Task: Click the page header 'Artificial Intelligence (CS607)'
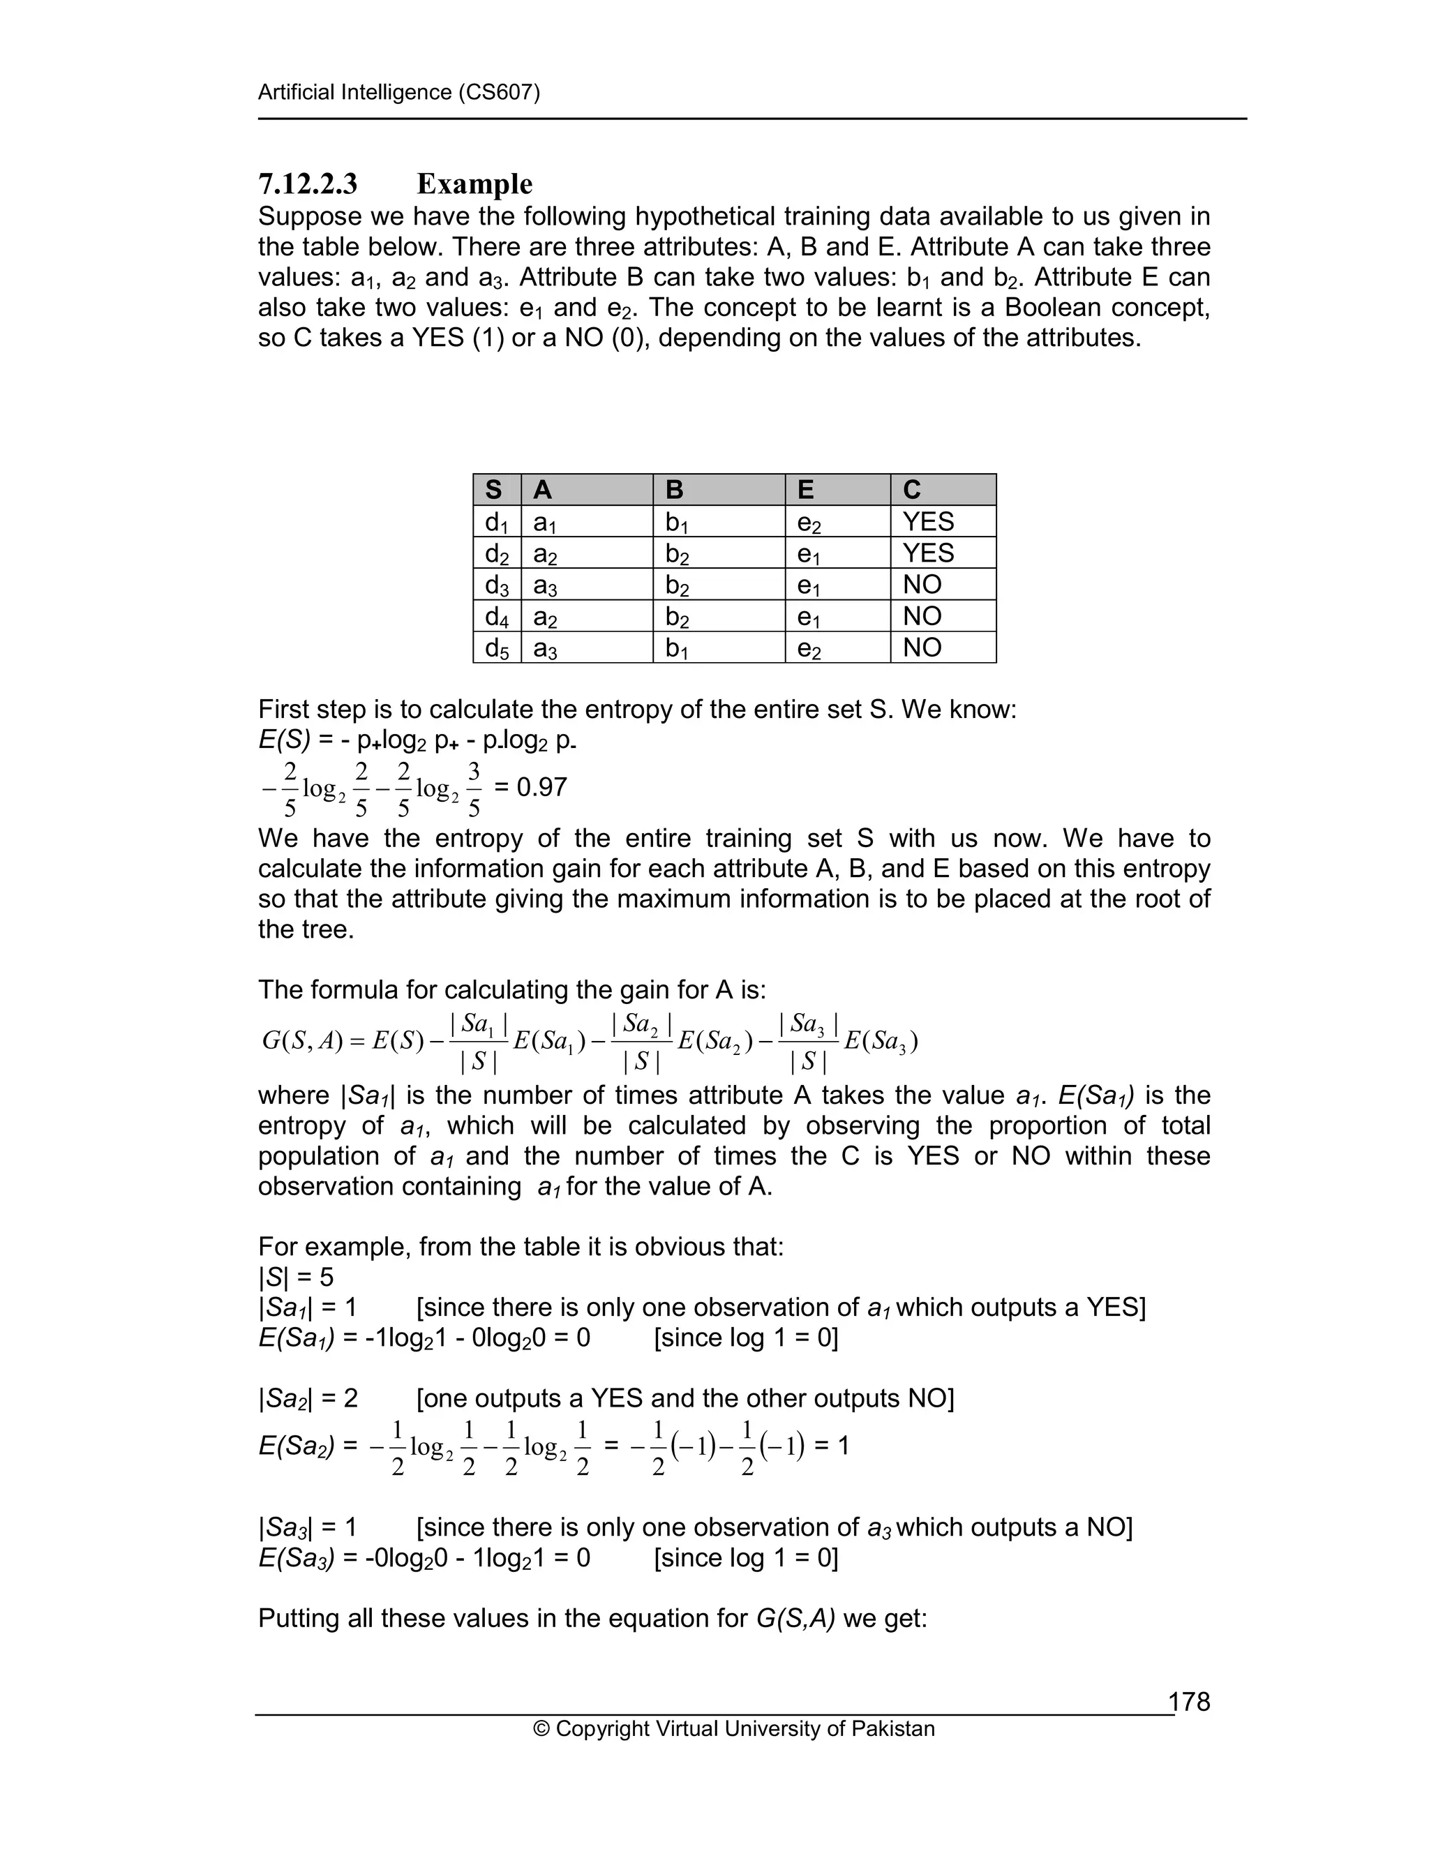398,91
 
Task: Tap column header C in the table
912,489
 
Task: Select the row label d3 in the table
497,585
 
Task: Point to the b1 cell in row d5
678,648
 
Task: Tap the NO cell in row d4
922,616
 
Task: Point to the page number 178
1190,1702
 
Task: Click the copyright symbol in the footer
541,1729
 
